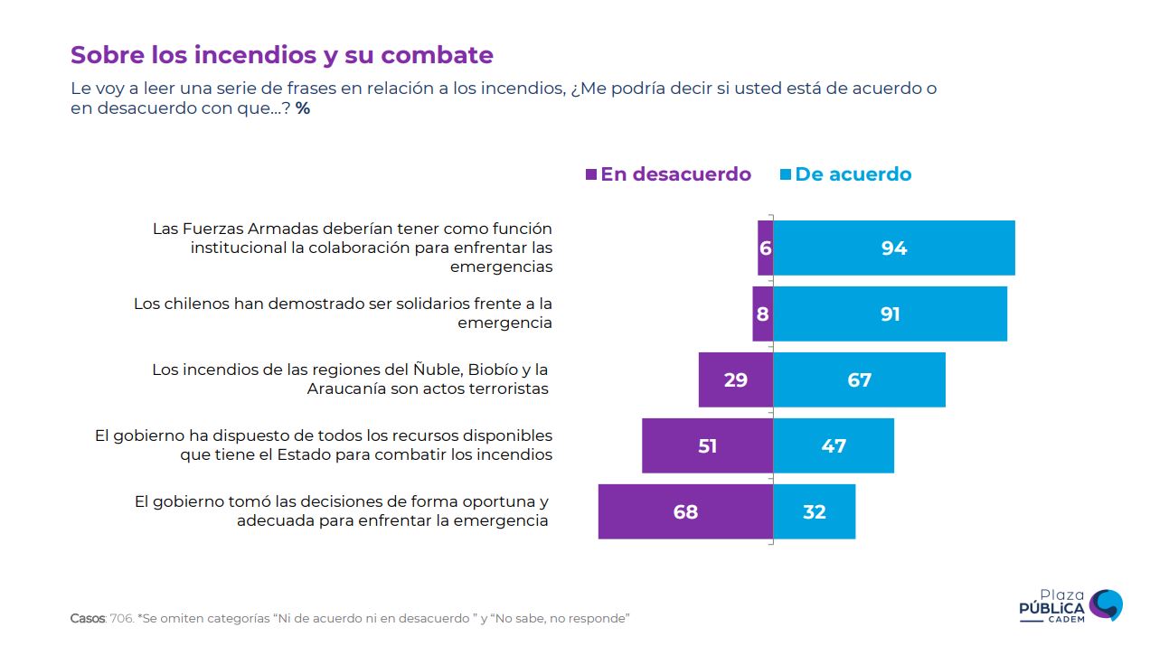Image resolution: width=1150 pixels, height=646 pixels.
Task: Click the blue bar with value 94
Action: coord(893,248)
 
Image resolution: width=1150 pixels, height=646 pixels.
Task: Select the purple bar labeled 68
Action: coord(685,512)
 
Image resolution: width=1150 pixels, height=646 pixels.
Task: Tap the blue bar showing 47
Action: coord(833,445)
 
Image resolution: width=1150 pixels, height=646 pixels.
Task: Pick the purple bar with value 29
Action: coord(735,379)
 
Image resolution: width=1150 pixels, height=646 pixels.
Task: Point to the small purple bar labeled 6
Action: coord(765,248)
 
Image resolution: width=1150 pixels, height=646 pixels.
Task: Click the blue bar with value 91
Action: coord(890,314)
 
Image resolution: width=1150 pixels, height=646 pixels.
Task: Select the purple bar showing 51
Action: coord(707,445)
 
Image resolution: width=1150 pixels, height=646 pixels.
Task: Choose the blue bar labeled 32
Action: coord(814,512)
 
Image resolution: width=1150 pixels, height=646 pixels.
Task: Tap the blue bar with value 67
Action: coord(859,379)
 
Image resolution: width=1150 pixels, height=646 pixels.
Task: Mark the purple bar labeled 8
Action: coord(762,314)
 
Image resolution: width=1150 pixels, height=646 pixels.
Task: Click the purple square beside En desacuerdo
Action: coord(591,174)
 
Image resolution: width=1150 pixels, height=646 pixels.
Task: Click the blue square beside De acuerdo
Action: coord(786,174)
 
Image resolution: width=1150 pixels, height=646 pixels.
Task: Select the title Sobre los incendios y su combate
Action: coord(282,55)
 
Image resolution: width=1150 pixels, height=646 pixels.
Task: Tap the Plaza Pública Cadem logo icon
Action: coord(1106,604)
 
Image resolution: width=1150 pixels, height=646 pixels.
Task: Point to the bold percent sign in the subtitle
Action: coord(303,108)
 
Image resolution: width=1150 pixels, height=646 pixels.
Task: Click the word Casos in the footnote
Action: coord(87,619)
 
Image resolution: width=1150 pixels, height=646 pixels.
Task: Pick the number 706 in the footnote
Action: coord(120,619)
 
